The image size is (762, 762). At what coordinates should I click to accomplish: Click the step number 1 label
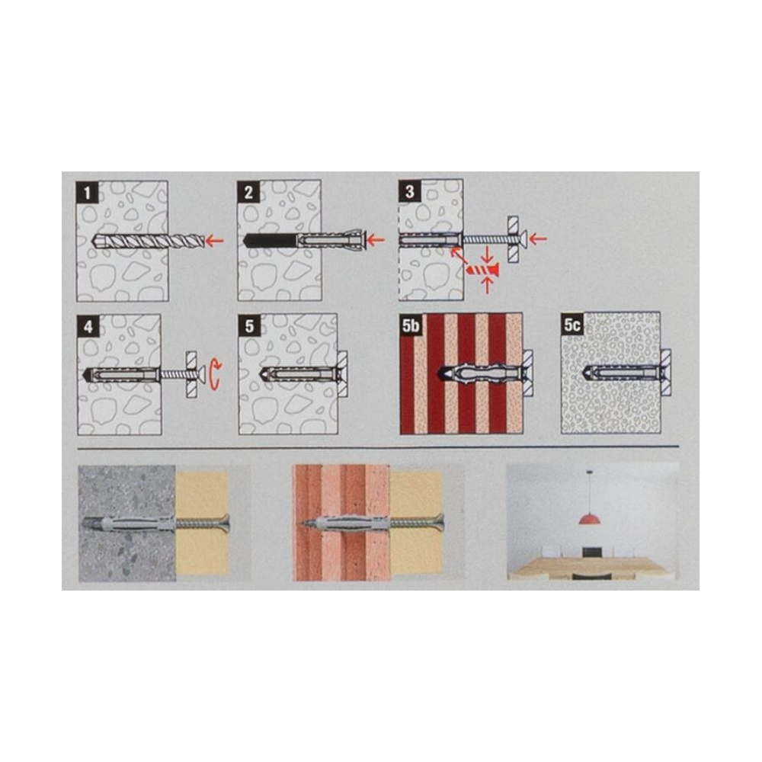coord(87,193)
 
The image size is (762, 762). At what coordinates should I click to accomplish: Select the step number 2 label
coord(248,193)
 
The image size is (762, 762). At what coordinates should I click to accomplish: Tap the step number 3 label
coord(409,191)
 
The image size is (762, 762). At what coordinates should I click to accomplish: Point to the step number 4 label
coord(88,326)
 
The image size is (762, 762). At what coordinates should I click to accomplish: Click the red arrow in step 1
coord(214,239)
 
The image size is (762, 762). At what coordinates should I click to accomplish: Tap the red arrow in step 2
coord(376,239)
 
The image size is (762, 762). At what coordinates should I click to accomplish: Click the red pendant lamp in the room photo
coord(589,518)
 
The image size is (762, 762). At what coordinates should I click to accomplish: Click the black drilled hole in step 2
coord(269,240)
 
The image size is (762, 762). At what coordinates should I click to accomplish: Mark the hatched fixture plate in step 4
coord(192,375)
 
